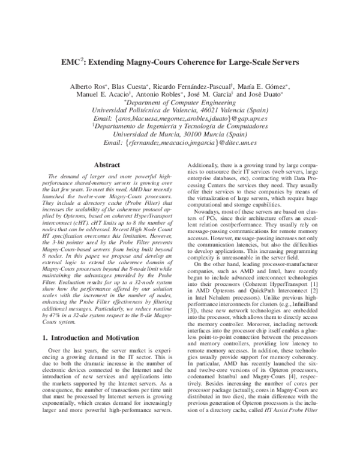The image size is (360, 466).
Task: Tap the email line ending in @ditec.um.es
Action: coord(180,144)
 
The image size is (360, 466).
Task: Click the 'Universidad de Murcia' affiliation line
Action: coord(181,136)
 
